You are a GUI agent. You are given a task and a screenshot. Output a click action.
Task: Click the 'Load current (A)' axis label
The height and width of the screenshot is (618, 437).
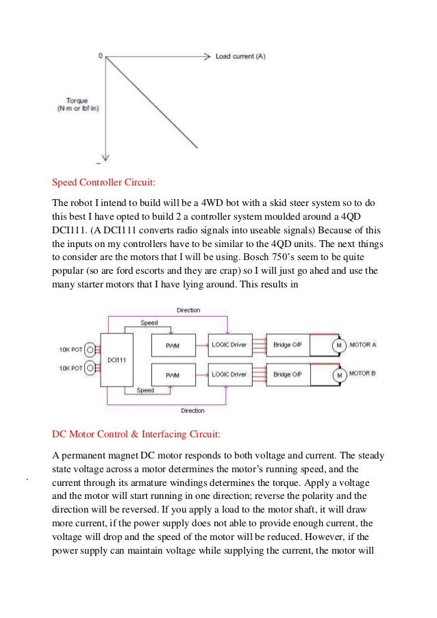[x=240, y=57]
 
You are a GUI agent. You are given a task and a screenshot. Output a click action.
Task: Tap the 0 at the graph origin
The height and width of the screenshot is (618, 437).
[x=100, y=56]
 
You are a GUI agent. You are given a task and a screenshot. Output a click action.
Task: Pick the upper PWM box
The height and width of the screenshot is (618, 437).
[x=172, y=344]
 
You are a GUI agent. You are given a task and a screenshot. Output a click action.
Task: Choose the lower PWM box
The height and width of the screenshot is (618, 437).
[x=172, y=375]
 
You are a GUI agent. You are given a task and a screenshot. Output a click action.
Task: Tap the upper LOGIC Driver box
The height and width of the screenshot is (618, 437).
[x=229, y=344]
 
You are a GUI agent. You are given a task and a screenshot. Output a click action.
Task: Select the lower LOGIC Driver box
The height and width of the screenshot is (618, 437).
[x=229, y=375]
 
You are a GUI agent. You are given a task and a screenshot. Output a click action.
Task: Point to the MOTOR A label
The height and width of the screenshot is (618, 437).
[x=363, y=344]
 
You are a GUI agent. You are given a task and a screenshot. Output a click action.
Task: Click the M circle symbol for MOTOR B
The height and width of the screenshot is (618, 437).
[x=338, y=375]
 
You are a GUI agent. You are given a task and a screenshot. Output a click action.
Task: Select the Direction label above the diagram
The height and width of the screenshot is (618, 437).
[x=188, y=310]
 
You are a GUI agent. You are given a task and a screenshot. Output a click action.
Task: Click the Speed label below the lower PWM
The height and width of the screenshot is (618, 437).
[x=145, y=391]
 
